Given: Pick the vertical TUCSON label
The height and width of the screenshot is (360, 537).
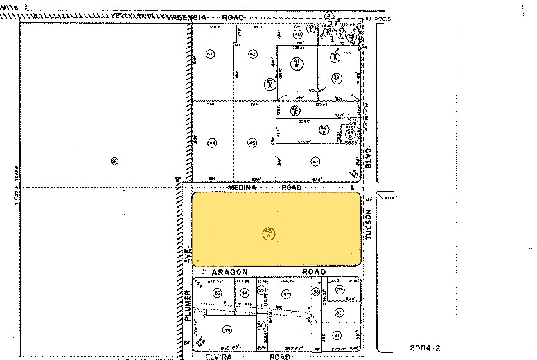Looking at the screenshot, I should pyautogui.click(x=369, y=226).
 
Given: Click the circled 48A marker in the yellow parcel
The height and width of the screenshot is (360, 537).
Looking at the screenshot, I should pyautogui.click(x=269, y=234).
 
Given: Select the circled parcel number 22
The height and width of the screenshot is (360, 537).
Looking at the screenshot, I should pyautogui.click(x=114, y=161).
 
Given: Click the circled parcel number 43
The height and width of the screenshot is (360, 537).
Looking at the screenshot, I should pyautogui.click(x=253, y=54).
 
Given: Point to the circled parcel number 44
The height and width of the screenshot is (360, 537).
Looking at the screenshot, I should pyautogui.click(x=212, y=143).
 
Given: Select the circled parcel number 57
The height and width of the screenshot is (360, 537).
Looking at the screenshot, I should pyautogui.click(x=285, y=294).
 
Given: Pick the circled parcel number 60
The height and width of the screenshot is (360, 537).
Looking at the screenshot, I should pyautogui.click(x=339, y=313).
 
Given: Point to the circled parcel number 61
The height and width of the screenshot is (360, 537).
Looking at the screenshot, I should pyautogui.click(x=339, y=335).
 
